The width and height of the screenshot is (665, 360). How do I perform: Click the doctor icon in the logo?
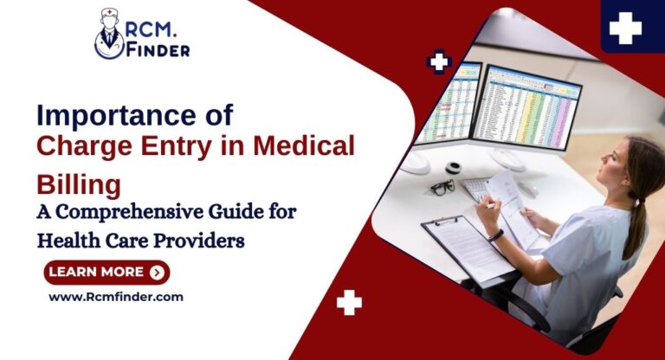[x=110, y=35]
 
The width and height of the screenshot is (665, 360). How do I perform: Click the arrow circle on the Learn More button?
[x=156, y=272]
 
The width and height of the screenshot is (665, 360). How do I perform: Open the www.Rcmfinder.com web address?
[x=115, y=297]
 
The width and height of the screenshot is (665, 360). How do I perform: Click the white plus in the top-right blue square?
[x=625, y=29]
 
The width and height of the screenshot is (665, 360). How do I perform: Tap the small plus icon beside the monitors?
[x=440, y=62]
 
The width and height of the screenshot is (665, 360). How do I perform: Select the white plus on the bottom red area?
[x=349, y=302]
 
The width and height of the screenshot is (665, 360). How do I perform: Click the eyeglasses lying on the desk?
[x=442, y=187]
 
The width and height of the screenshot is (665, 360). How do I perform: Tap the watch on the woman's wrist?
[x=496, y=235]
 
